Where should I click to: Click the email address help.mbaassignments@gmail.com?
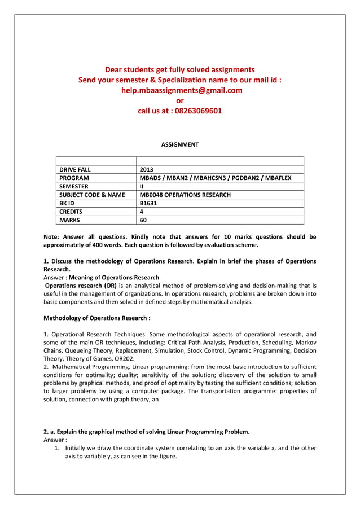click(x=179, y=90)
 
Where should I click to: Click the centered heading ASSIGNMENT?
click(x=179, y=145)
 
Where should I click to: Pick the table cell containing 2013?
click(x=146, y=169)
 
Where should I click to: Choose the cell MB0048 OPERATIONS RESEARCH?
click(x=185, y=195)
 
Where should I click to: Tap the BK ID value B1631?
click(x=147, y=203)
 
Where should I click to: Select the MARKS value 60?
click(x=143, y=220)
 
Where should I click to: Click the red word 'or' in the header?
click(x=180, y=100)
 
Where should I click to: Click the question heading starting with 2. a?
click(x=146, y=432)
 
